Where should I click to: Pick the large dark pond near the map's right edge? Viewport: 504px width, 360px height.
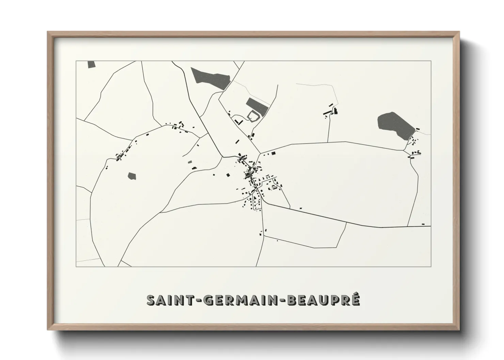point(394,125)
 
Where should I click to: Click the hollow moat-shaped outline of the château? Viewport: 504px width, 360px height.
point(253,116)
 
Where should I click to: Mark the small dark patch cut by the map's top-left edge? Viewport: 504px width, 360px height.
point(91,64)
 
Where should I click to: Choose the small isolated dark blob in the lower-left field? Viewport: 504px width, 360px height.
point(132,176)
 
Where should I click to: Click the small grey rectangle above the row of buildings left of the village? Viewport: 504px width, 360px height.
point(190,162)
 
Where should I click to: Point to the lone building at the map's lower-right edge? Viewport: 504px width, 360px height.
point(423,224)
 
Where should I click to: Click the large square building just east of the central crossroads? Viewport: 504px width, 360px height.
point(273,153)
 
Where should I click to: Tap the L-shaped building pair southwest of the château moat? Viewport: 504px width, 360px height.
point(237,121)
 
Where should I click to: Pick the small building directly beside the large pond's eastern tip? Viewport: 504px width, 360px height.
point(418,129)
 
